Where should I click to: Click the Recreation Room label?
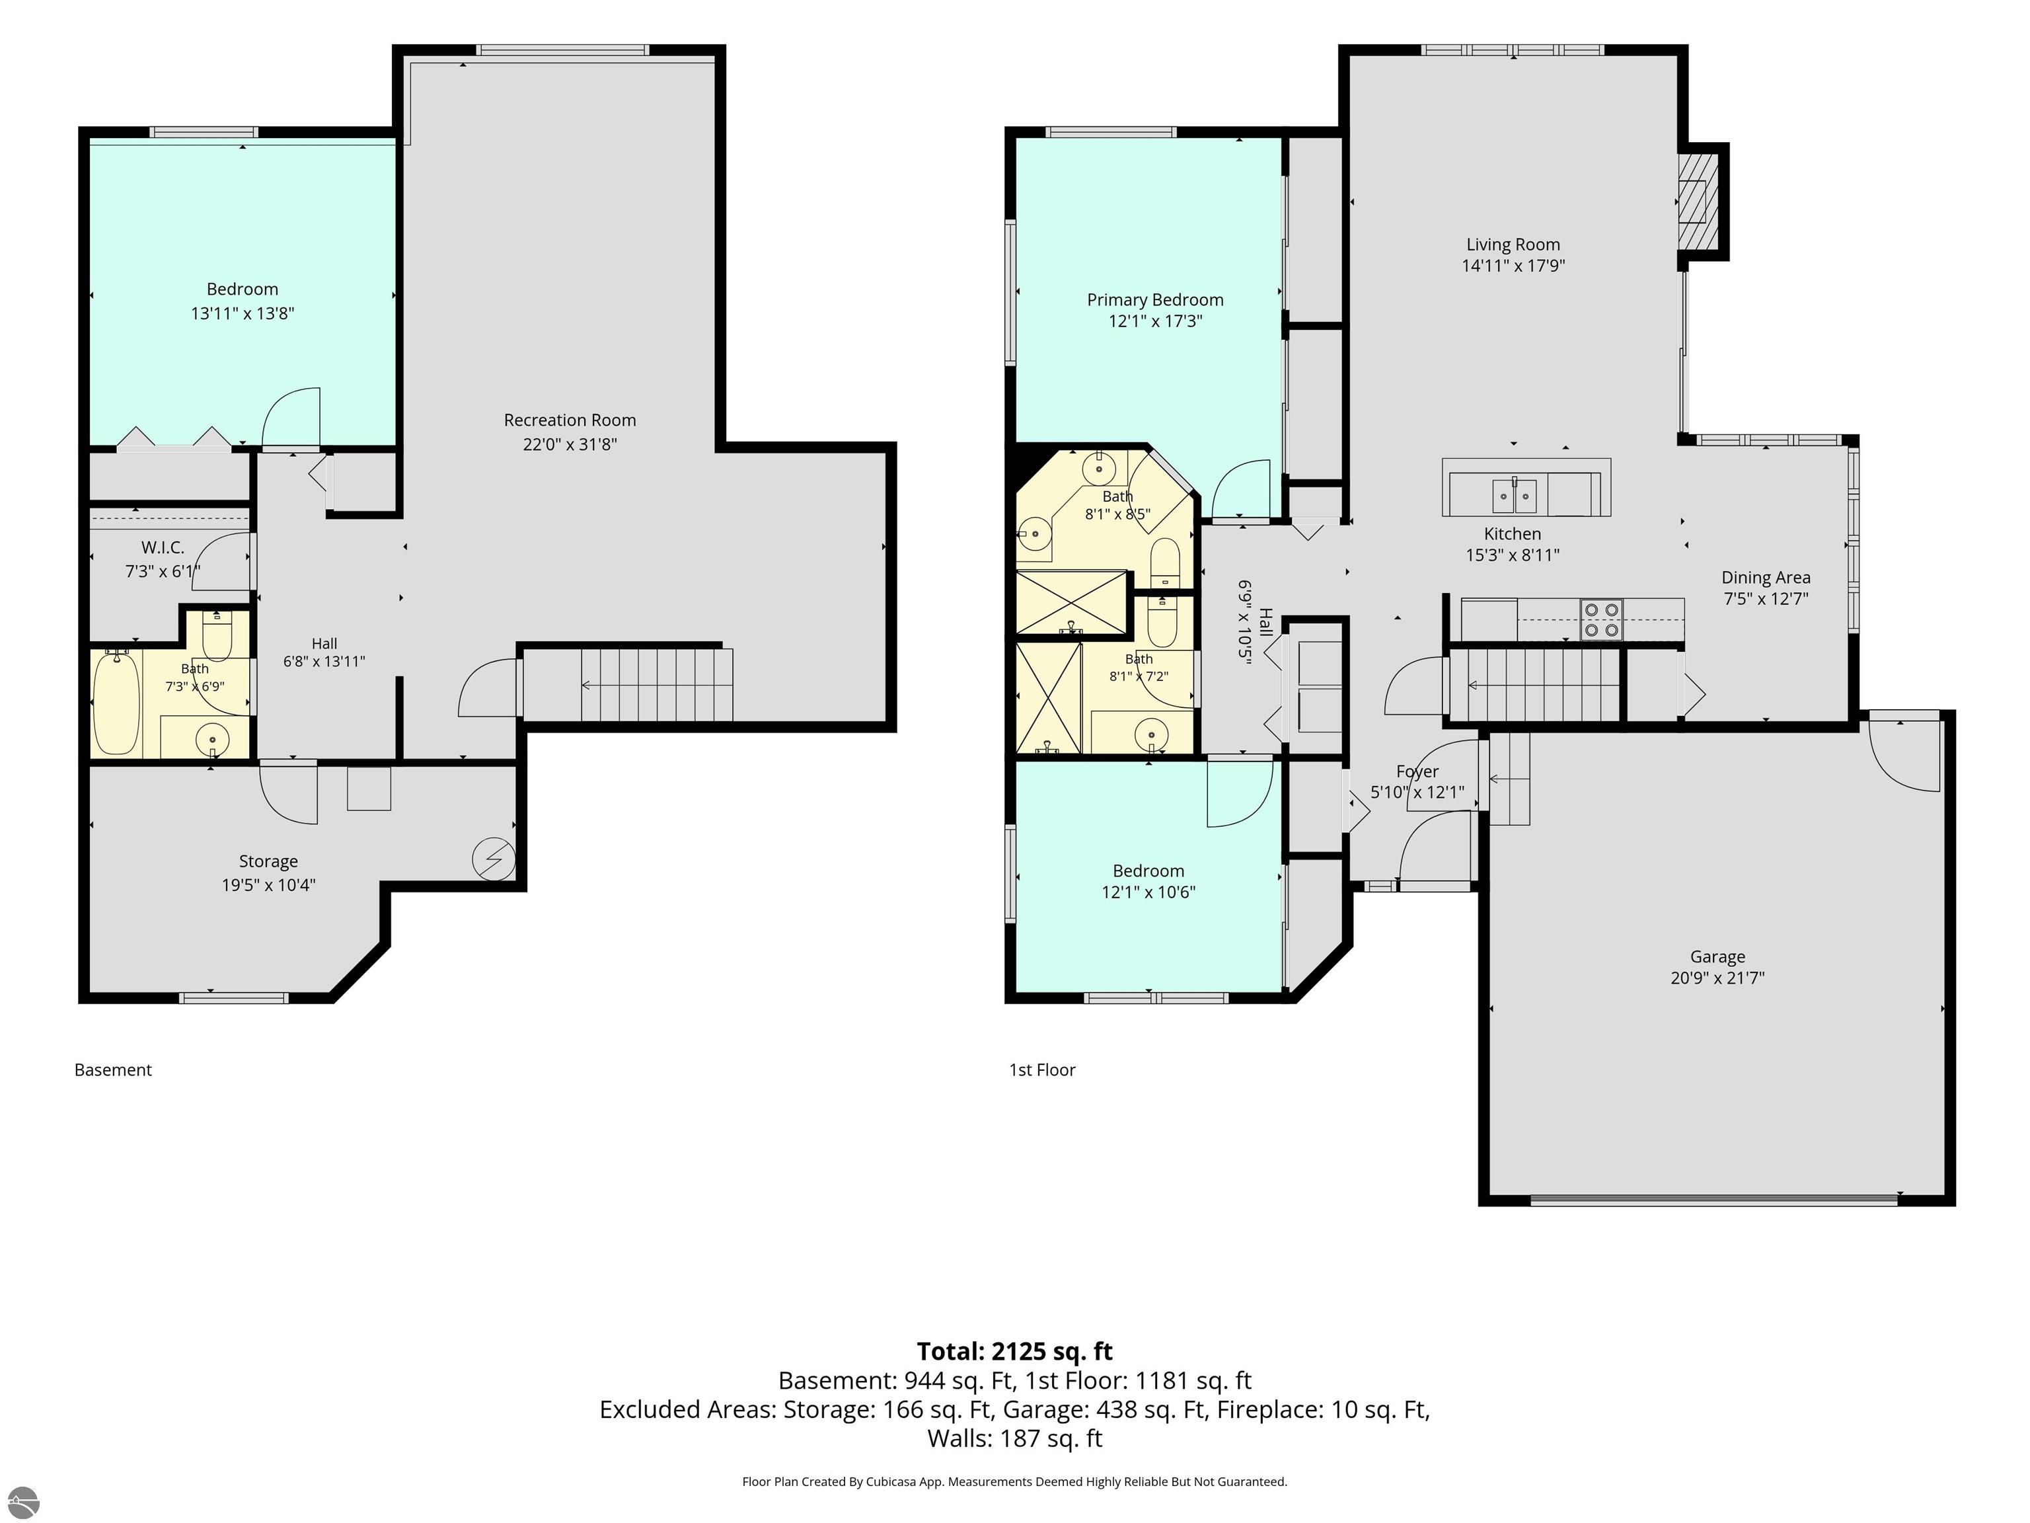tap(569, 420)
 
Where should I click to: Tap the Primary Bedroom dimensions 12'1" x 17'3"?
tap(1154, 321)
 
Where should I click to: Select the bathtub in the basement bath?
tap(116, 702)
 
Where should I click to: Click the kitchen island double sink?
tap(1513, 496)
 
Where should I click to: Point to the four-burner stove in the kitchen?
tap(1601, 619)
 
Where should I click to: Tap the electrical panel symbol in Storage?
tap(493, 859)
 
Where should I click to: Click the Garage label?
tap(1717, 957)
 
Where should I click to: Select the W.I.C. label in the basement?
tap(163, 548)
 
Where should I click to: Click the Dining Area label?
tap(1766, 578)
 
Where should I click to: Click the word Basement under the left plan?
tap(113, 1070)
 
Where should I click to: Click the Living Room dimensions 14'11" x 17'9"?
tap(1513, 266)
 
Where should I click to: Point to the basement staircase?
tap(656, 685)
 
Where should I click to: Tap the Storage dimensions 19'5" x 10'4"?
tap(268, 885)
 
